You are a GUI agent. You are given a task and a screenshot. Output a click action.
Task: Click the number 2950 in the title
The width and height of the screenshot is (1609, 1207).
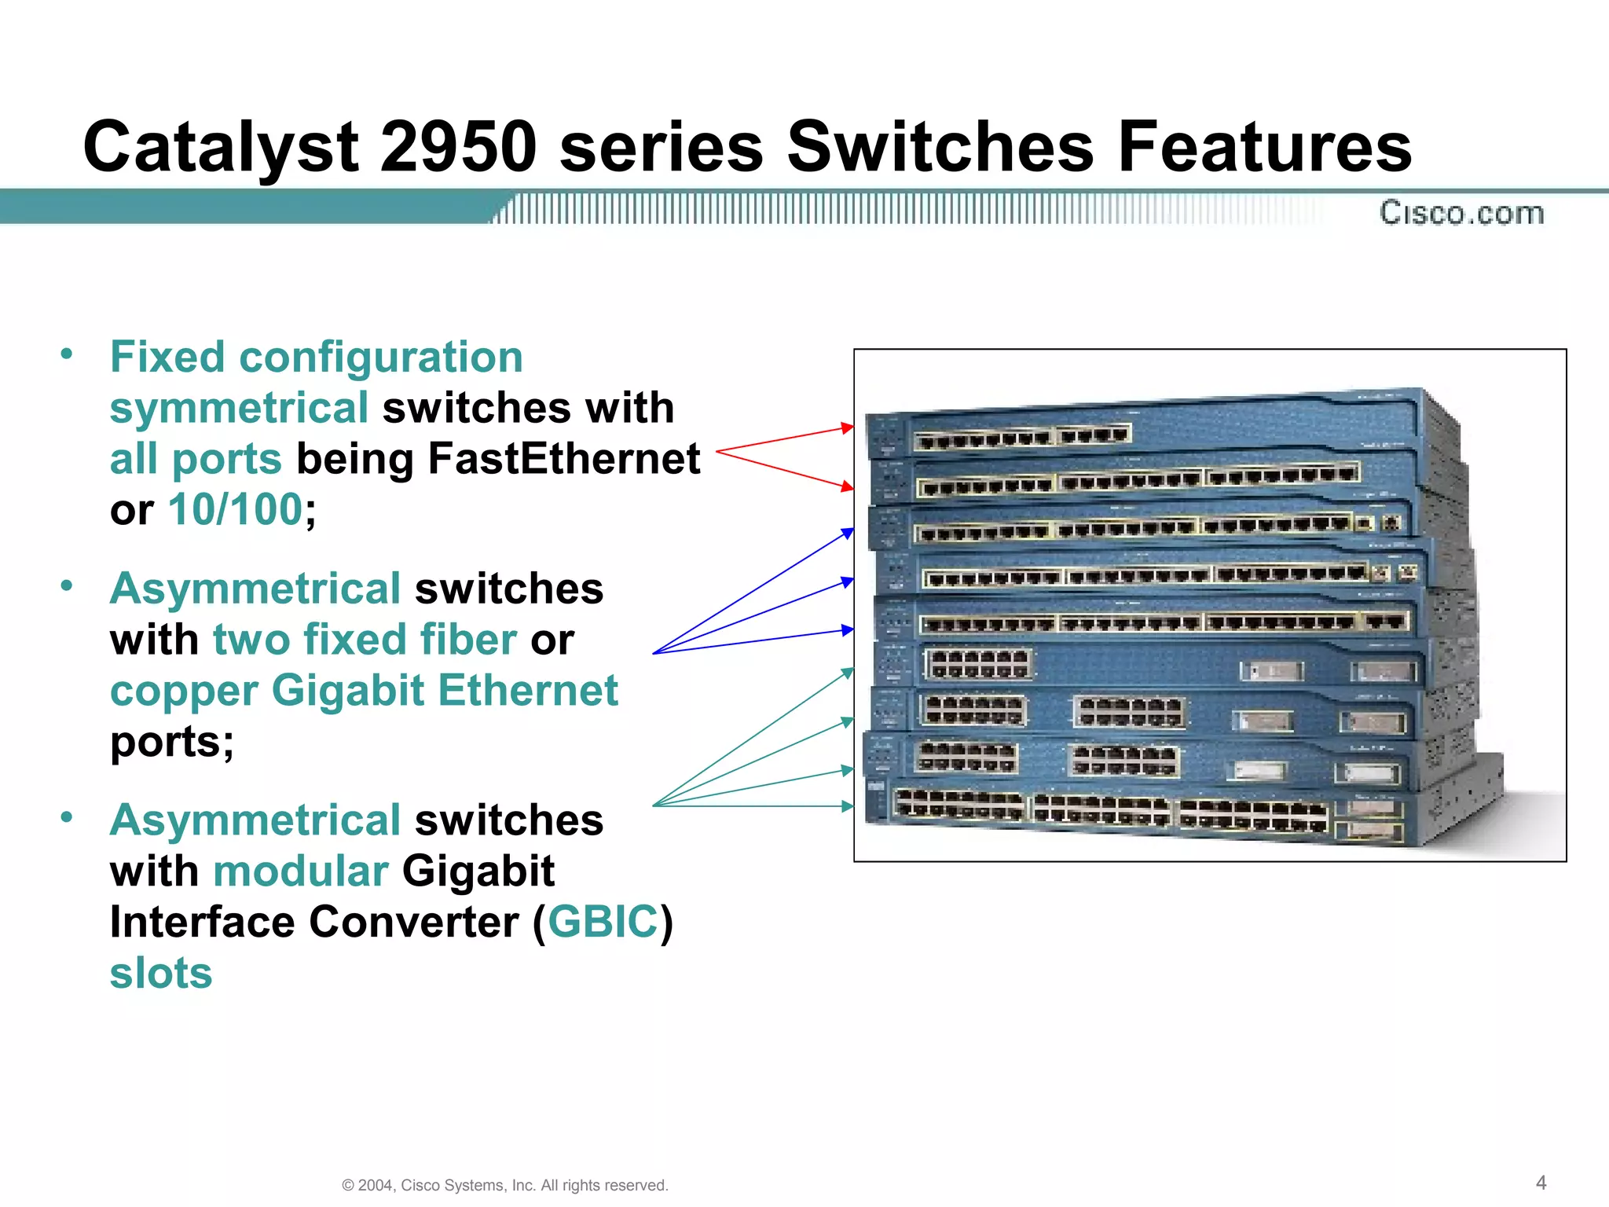[x=458, y=147]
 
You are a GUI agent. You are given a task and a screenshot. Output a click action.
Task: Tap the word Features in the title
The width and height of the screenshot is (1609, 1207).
[x=1263, y=147]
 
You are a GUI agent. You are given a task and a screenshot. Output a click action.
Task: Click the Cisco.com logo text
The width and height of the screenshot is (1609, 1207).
[x=1461, y=213]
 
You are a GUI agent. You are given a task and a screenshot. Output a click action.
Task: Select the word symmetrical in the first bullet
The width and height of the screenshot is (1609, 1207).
[x=239, y=408]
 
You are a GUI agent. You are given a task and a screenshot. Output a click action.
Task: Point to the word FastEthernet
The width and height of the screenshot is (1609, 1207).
[x=563, y=459]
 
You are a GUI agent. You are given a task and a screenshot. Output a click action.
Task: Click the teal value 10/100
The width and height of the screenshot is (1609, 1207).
[x=235, y=509]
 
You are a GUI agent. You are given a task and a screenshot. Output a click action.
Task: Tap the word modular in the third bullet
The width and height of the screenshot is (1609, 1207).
[x=300, y=871]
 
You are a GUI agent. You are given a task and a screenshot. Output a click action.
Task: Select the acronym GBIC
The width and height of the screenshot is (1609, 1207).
[x=603, y=922]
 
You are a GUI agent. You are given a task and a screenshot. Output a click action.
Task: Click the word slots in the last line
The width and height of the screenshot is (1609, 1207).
[x=161, y=973]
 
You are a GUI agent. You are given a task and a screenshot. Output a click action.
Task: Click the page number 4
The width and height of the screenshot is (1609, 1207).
[x=1541, y=1183]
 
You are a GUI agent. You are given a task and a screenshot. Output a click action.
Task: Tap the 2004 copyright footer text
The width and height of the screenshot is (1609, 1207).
[x=504, y=1185]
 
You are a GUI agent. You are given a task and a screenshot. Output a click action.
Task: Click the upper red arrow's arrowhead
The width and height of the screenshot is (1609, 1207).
[x=847, y=427]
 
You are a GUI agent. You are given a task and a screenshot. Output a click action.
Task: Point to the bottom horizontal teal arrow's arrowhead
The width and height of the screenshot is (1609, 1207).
[x=847, y=806]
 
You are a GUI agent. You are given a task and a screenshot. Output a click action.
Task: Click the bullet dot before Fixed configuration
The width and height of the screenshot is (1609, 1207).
[x=67, y=354]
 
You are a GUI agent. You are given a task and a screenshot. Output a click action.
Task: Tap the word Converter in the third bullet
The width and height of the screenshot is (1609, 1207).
[x=413, y=922]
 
